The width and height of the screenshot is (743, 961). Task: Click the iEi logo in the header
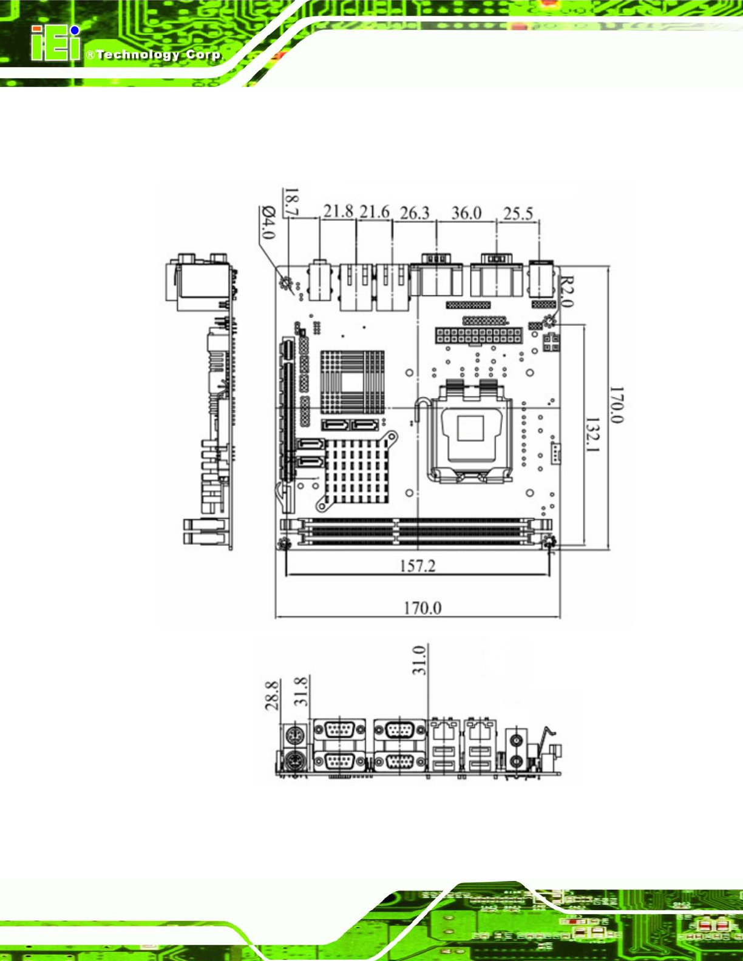click(x=56, y=43)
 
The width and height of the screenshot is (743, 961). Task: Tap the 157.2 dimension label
click(x=417, y=565)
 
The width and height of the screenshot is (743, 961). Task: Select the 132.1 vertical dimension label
click(x=592, y=435)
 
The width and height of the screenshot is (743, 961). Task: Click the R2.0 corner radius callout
click(x=567, y=291)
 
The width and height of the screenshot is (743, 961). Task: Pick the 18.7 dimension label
click(x=291, y=201)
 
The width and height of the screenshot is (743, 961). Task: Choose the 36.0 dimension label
click(x=466, y=213)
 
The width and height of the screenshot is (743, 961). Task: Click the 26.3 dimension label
click(x=415, y=213)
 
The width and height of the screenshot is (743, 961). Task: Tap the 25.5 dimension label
click(x=518, y=214)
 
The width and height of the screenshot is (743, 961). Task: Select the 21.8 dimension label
click(x=338, y=211)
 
